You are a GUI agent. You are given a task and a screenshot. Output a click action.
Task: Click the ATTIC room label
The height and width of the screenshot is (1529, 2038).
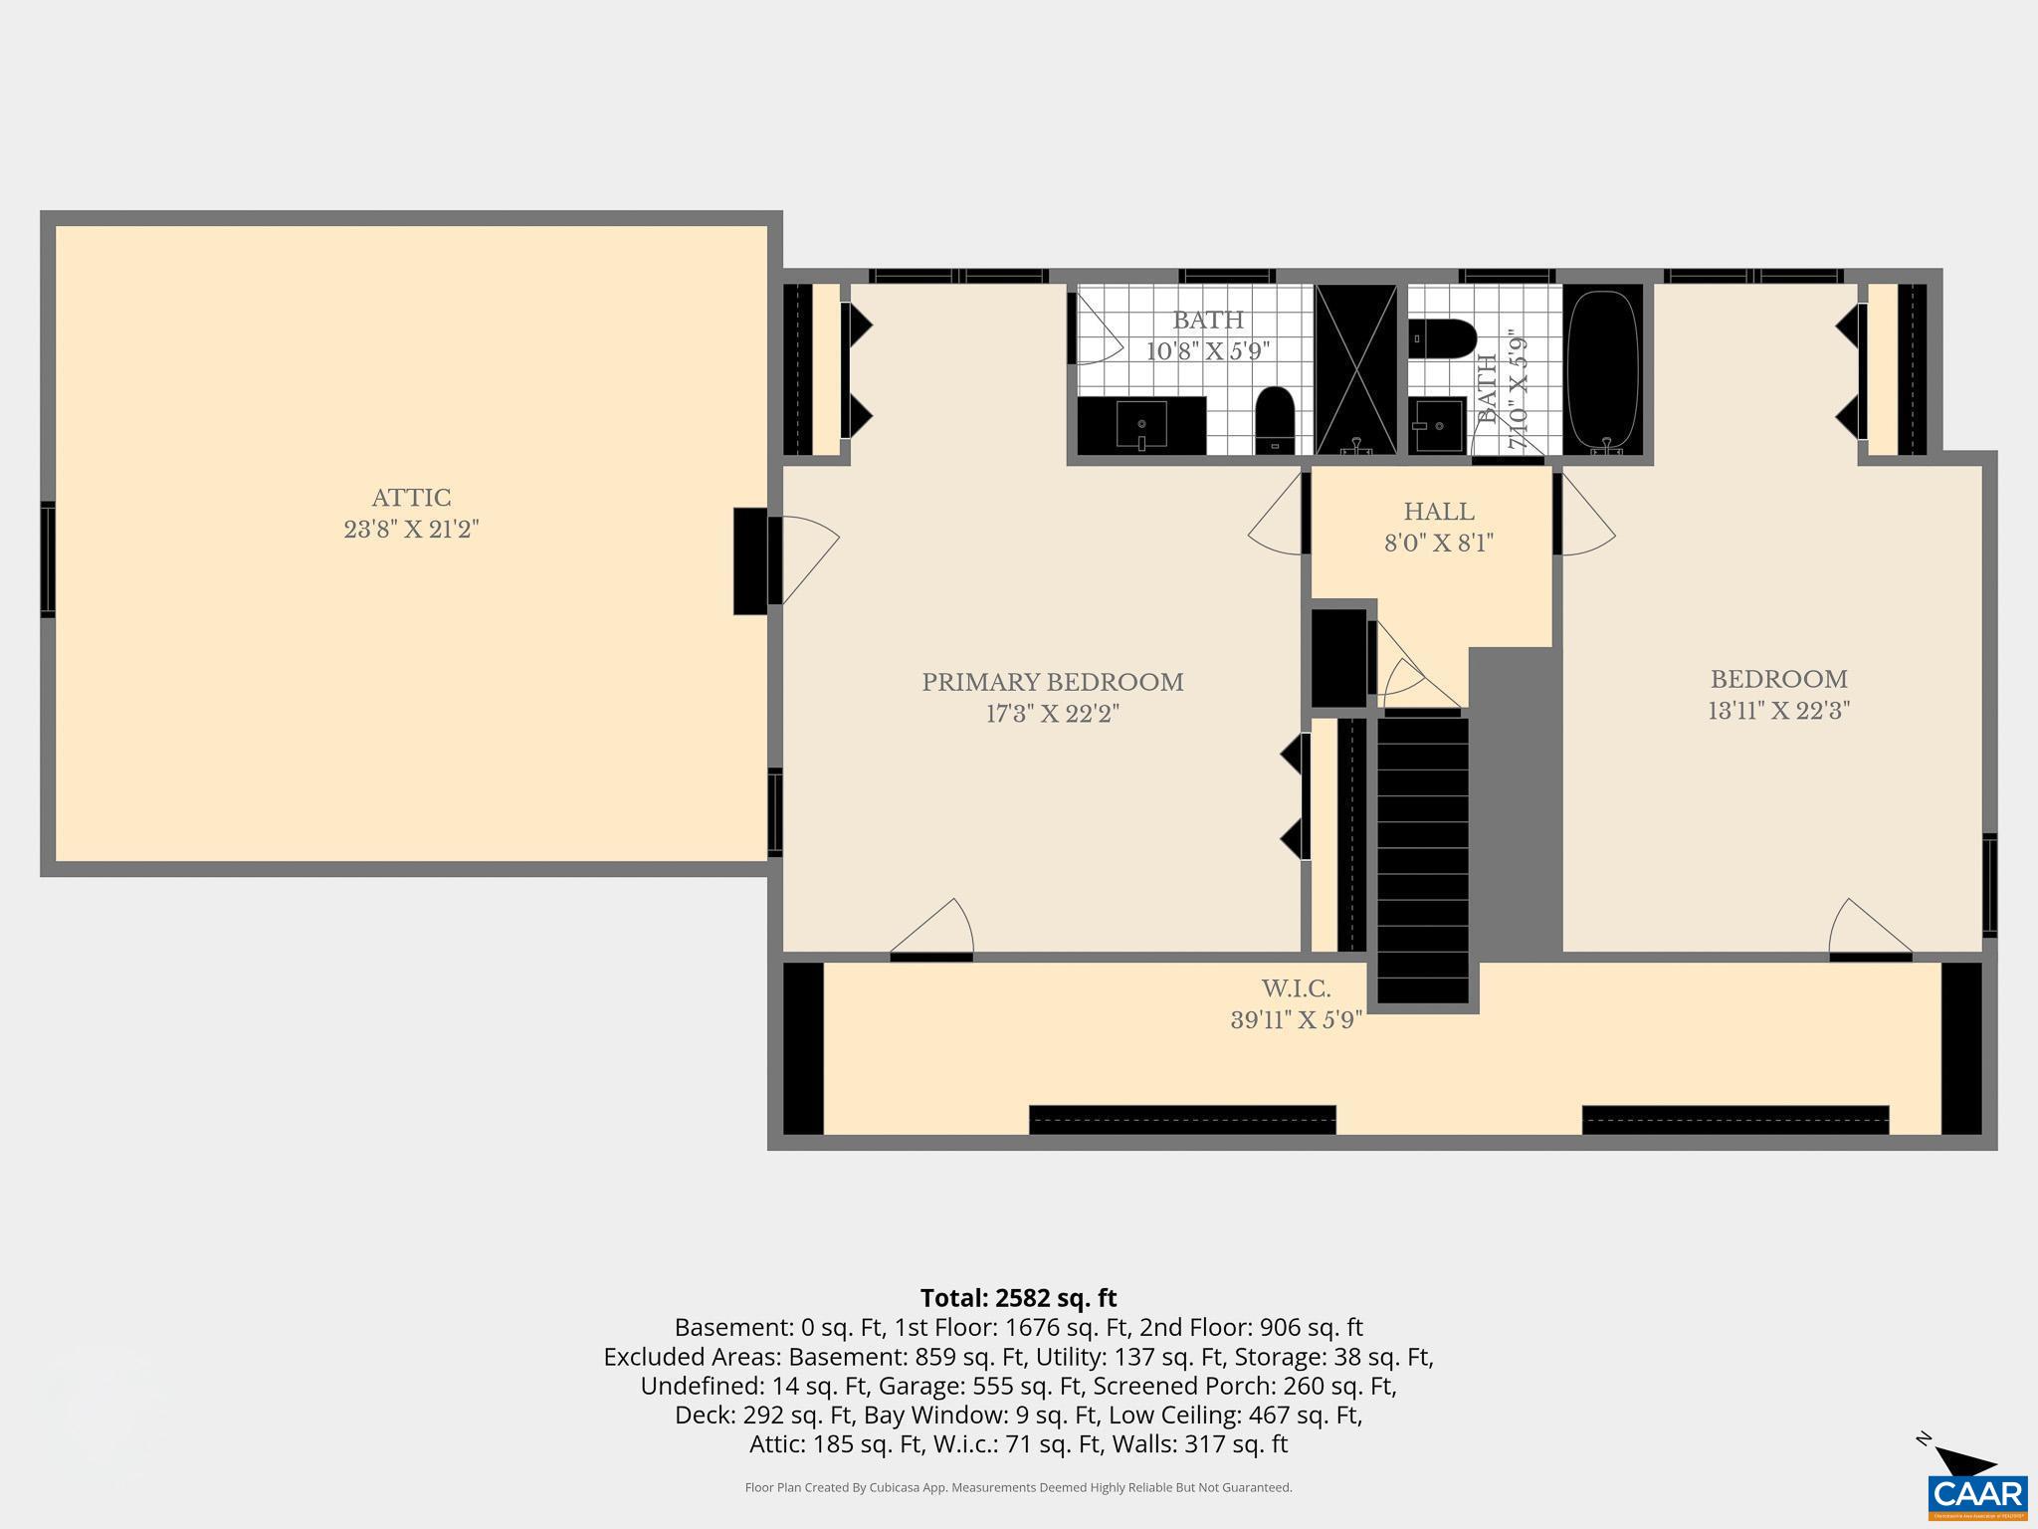point(411,498)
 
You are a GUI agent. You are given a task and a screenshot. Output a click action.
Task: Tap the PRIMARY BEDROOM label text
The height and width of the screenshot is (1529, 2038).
point(1052,683)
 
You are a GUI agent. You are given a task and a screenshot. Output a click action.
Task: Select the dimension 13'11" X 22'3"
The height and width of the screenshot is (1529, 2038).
point(1778,711)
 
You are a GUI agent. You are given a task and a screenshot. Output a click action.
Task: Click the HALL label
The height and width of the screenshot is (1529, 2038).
point(1438,512)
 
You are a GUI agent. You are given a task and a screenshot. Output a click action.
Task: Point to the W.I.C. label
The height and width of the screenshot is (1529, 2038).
point(1296,988)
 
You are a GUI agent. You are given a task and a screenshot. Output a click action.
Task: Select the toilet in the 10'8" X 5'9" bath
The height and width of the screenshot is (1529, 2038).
point(1274,420)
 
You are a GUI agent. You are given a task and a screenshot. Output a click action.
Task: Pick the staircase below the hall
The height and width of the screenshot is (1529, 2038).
point(1422,856)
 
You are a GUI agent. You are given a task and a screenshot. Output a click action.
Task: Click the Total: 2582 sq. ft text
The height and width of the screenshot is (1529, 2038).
point(1018,1298)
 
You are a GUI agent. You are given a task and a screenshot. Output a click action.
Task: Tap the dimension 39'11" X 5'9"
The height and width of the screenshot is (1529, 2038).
point(1296,1020)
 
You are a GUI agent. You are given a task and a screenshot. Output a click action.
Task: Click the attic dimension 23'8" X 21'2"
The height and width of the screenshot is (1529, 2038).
point(411,530)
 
